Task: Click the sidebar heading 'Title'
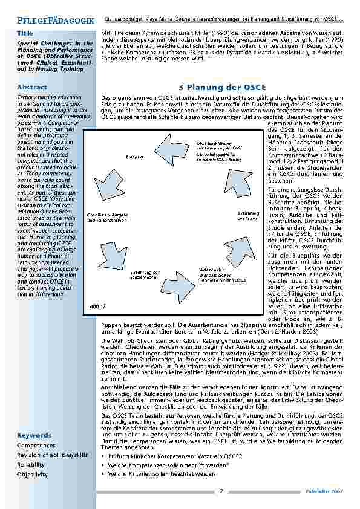coord(25,32)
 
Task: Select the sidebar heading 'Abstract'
coord(32,87)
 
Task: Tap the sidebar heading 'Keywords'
coord(34,435)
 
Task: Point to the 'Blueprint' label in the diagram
coord(134,156)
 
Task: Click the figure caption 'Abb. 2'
coord(99,306)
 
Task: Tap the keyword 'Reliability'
coord(31,464)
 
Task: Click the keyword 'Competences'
coord(36,445)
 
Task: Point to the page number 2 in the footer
coord(221,491)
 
